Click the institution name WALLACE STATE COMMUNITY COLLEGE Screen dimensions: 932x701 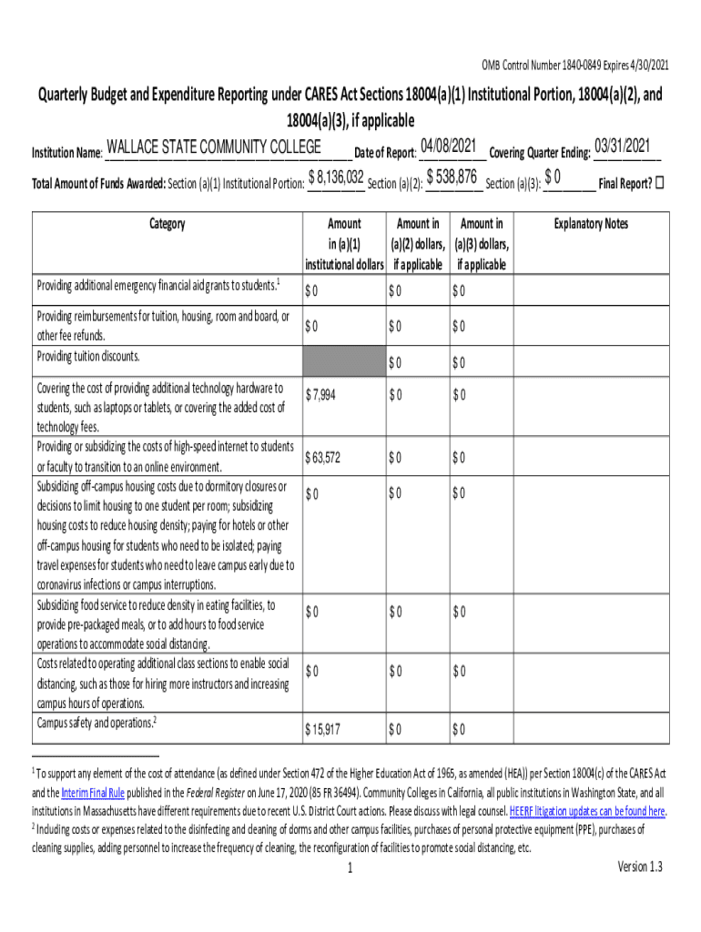pos(213,147)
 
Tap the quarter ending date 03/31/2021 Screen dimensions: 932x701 pos(622,146)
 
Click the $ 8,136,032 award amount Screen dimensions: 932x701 pos(337,177)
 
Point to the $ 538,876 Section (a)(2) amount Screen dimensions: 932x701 pos(452,176)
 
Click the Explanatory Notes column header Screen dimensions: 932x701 pos(591,224)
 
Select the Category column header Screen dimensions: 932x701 pos(166,224)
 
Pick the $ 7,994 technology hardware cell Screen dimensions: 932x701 pos(322,393)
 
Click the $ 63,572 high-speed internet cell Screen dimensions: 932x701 pos(324,457)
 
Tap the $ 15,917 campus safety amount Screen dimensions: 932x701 pos(324,729)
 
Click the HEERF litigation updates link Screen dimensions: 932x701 pos(587,811)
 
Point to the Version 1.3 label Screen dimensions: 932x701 pos(639,866)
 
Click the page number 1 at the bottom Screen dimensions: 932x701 pos(350,868)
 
